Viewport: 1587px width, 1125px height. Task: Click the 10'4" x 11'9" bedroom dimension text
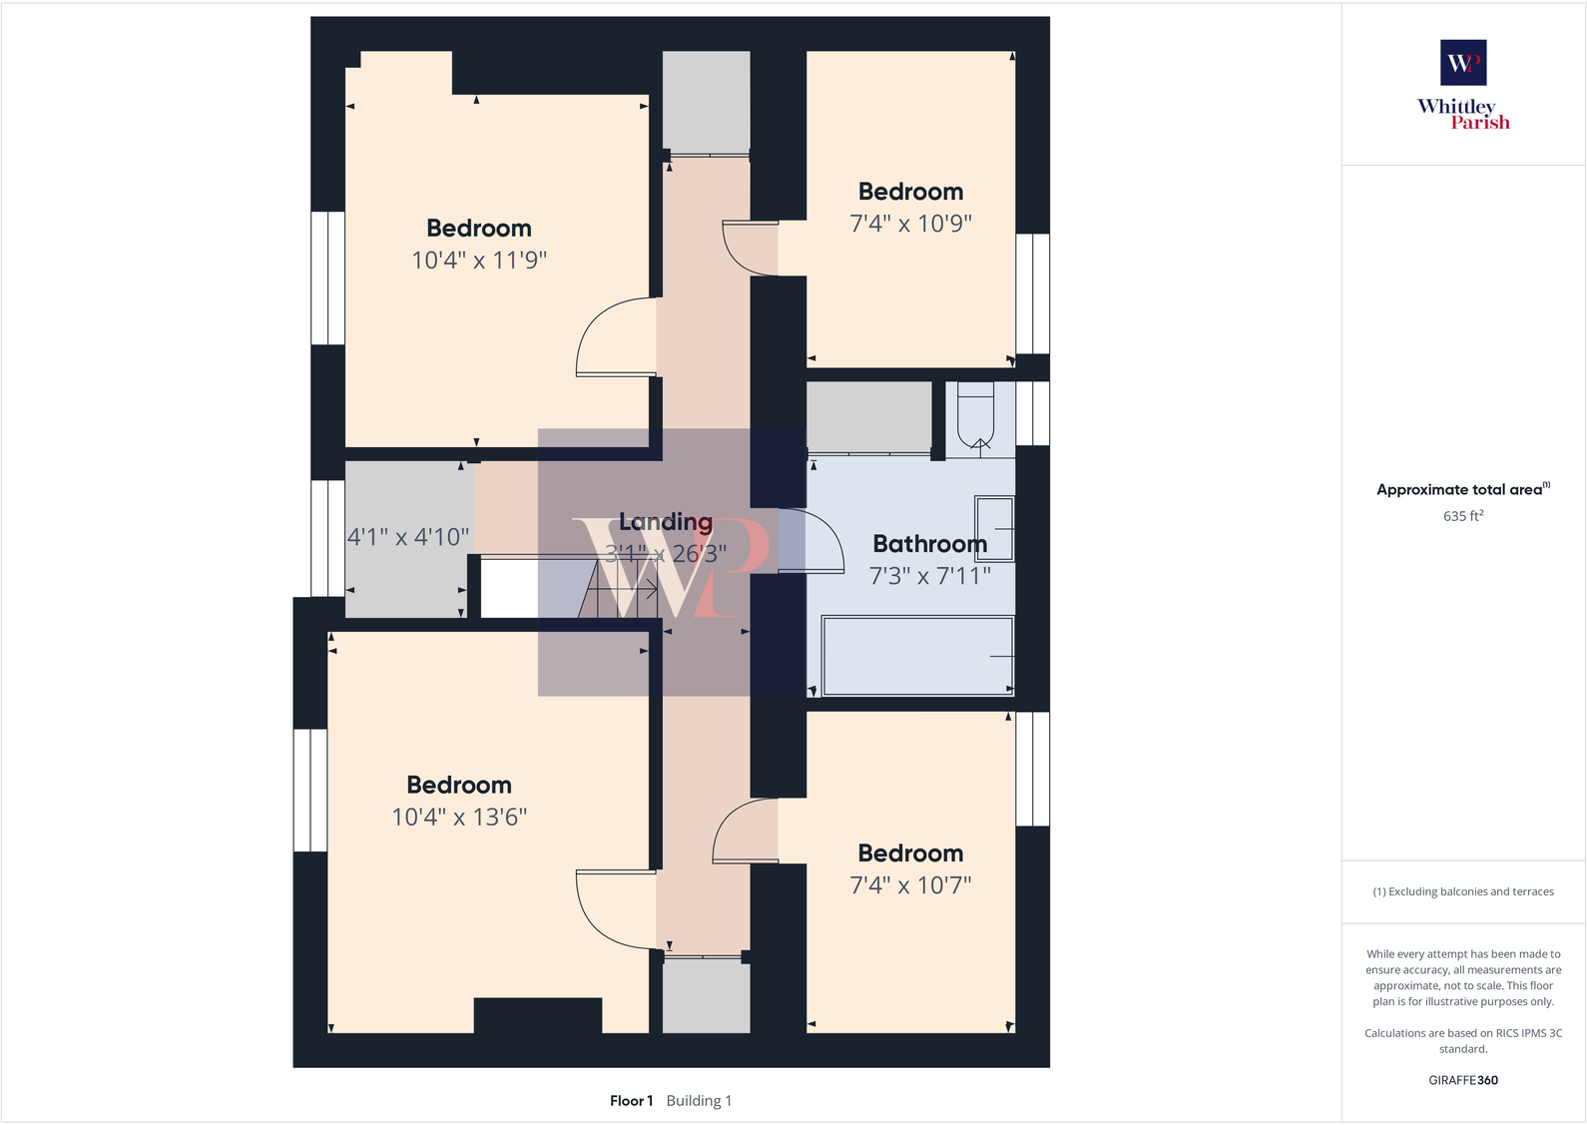pos(479,261)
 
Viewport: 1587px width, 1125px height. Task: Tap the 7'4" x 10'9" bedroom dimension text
pos(910,224)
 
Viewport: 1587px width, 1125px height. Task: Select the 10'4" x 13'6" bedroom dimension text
pos(459,818)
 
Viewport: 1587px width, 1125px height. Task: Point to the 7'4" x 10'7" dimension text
pos(910,885)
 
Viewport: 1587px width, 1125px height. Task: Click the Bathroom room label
pos(929,544)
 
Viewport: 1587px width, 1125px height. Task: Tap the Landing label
pos(665,522)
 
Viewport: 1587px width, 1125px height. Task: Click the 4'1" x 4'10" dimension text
pos(408,537)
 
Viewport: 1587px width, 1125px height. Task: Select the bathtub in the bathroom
pos(917,655)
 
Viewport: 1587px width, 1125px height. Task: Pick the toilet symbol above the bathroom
pos(976,414)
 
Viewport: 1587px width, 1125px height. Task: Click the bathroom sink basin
pos(995,528)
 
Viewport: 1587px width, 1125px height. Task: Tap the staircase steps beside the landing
pos(619,589)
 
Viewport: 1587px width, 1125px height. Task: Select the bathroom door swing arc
pos(810,540)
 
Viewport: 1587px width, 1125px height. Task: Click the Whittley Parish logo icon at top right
pos(1463,63)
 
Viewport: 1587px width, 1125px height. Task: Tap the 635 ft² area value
pos(1463,516)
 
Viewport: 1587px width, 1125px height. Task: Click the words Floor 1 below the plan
pos(631,1101)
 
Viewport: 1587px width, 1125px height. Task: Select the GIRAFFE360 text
pos(1463,1080)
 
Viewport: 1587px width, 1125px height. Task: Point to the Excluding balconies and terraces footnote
pos(1463,891)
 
